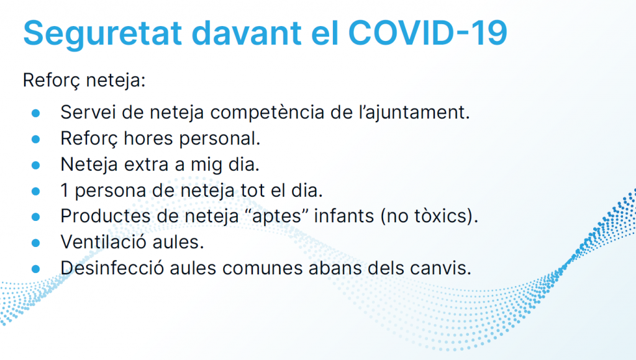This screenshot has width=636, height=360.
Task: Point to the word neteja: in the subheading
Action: tap(116, 81)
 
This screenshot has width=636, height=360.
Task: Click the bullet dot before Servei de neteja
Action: tap(35, 113)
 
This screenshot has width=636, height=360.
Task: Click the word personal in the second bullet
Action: tap(219, 139)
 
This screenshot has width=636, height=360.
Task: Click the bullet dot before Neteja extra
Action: tap(35, 165)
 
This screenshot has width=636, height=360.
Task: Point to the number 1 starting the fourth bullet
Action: tap(65, 190)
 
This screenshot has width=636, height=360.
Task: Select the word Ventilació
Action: tap(104, 242)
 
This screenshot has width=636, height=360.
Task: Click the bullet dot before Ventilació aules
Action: tap(35, 243)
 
